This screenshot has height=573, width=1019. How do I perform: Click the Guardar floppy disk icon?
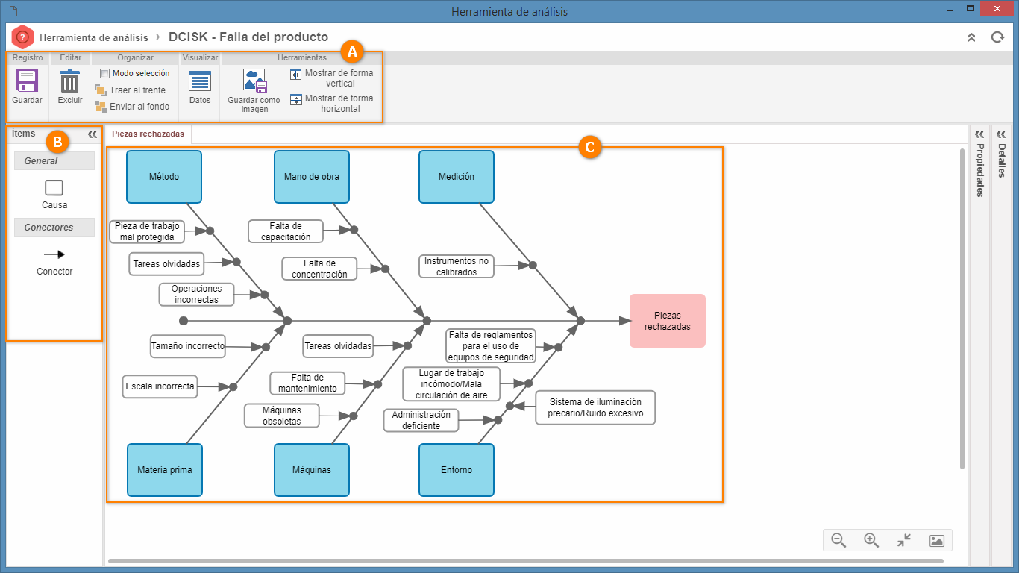tap(27, 81)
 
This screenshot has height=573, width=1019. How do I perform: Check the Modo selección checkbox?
tap(104, 73)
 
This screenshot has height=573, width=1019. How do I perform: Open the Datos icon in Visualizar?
tap(200, 81)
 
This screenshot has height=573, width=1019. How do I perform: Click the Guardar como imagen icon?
tap(254, 81)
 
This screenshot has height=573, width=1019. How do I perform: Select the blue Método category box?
tap(164, 177)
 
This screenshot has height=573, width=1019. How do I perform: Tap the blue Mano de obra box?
tap(312, 177)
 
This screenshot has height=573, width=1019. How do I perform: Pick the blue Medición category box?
tap(457, 177)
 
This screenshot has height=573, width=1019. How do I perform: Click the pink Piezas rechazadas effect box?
tap(668, 321)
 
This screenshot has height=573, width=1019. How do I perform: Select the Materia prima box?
tap(165, 470)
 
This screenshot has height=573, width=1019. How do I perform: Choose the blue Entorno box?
tap(457, 470)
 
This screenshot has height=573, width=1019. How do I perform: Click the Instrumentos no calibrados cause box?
tap(457, 266)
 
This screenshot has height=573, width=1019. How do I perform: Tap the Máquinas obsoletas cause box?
tap(281, 416)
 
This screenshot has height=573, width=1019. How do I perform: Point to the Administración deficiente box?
tap(421, 420)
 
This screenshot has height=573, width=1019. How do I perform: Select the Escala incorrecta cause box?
tap(160, 386)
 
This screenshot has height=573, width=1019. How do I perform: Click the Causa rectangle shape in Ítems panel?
tap(54, 187)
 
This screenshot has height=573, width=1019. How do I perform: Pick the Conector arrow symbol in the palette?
tap(54, 254)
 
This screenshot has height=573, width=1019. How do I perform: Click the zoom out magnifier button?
tap(838, 540)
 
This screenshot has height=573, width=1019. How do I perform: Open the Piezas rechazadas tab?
tap(148, 134)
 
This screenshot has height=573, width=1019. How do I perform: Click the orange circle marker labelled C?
tap(589, 147)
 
